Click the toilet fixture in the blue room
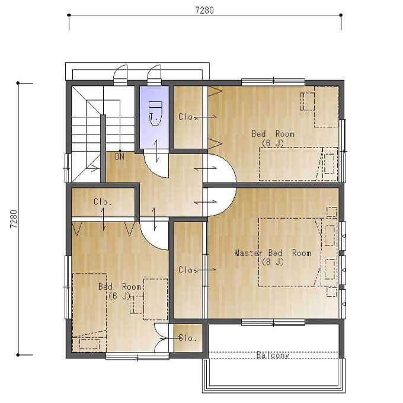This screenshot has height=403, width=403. (x=155, y=113)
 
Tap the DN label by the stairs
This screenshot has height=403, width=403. (x=120, y=156)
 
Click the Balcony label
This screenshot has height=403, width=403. (x=273, y=355)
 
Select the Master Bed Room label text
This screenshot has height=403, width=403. (x=273, y=253)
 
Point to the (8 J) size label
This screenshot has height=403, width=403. (x=273, y=262)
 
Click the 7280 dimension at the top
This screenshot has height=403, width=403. (x=204, y=10)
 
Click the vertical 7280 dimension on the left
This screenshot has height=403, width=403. (x=13, y=219)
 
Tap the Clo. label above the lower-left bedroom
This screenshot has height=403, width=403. (x=103, y=201)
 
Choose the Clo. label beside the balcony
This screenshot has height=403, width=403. (x=188, y=338)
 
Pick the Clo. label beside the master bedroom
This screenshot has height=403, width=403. (x=188, y=270)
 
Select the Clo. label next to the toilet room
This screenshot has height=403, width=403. (x=188, y=117)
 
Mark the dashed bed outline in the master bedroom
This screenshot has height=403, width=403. (x=290, y=252)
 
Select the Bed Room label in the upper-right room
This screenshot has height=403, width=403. (x=273, y=134)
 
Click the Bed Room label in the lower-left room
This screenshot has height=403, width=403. (x=120, y=287)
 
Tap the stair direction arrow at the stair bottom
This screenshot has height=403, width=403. (x=92, y=168)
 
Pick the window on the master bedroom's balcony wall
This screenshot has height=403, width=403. (x=273, y=322)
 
